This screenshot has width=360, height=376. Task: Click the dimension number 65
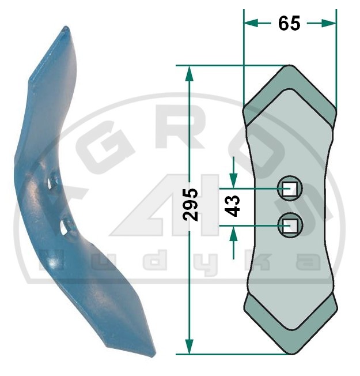coord(289,23)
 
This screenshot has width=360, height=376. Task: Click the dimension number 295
coord(191,205)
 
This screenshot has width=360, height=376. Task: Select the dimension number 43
coord(232,206)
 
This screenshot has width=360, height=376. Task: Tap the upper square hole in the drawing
coord(290,189)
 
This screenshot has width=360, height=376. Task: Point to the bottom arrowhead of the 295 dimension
coord(190,347)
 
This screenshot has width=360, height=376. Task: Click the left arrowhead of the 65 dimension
coord(251,23)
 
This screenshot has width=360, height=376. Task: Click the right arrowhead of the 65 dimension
coord(329,23)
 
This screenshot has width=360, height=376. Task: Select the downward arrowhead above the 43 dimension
coord(233,181)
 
